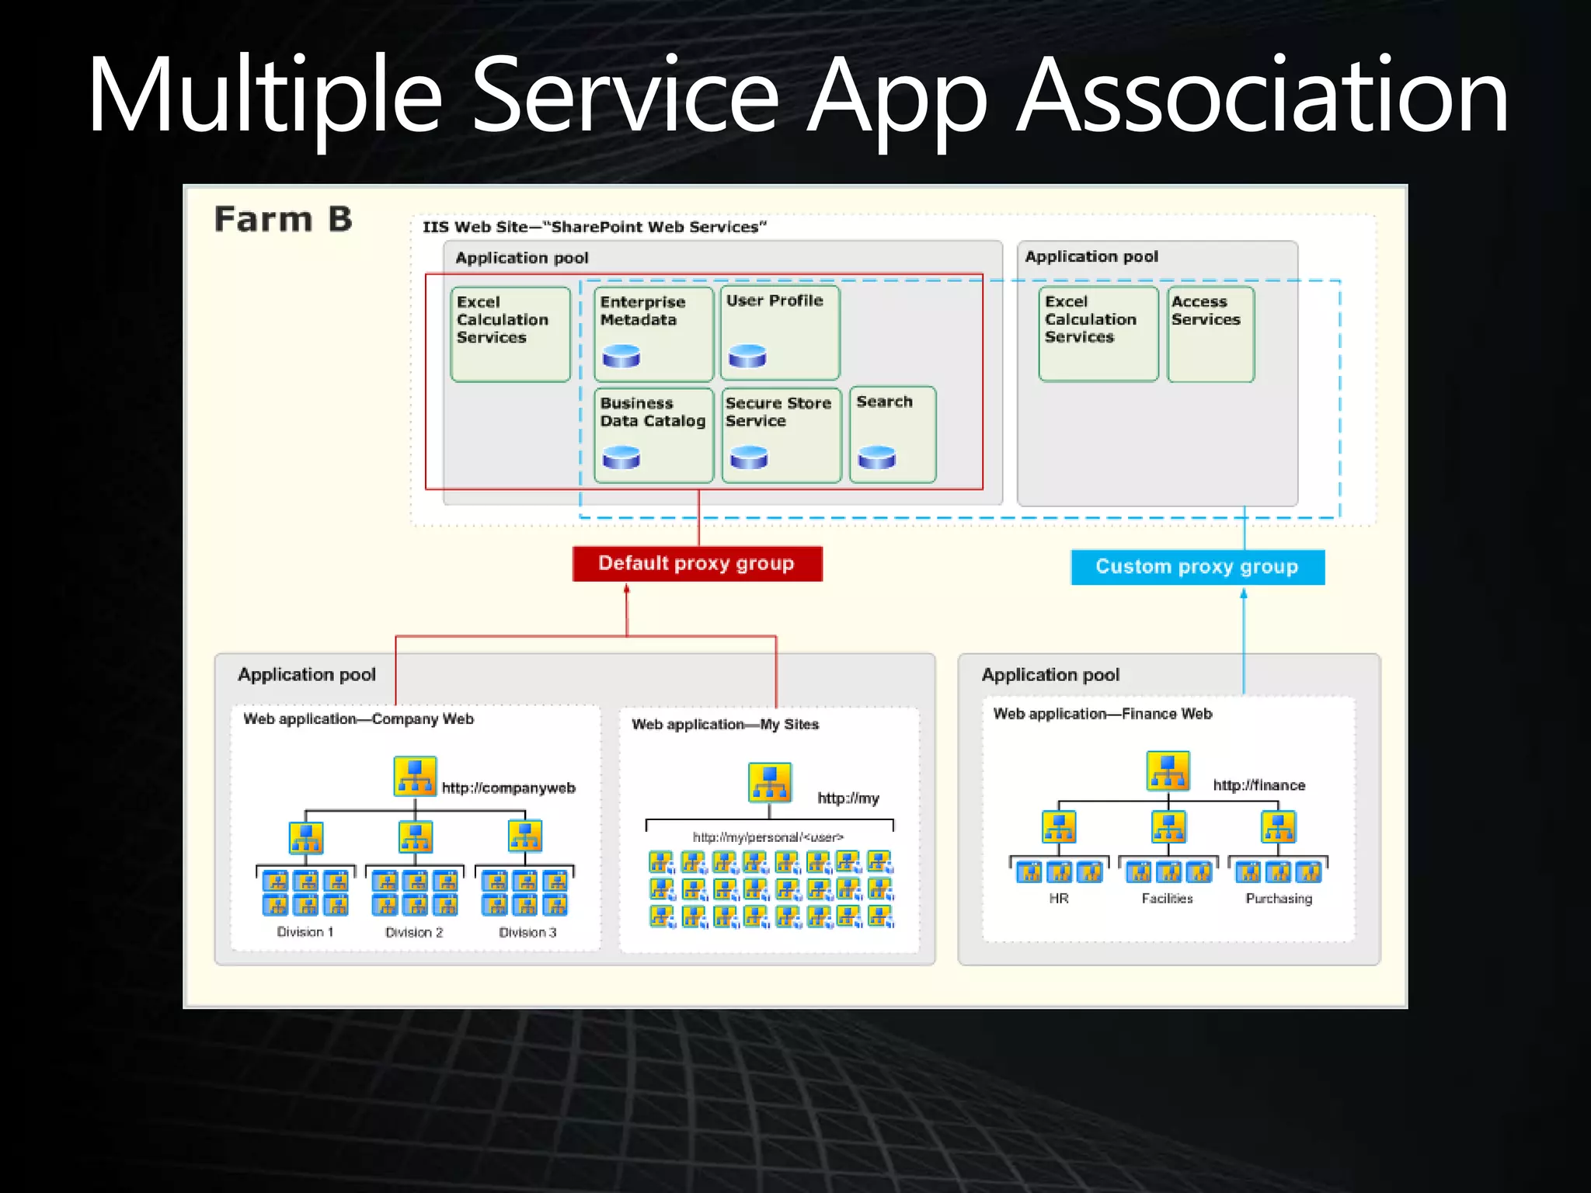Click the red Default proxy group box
click(x=697, y=564)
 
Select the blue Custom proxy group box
click(x=1197, y=567)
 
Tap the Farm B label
click(x=284, y=220)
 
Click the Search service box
click(x=893, y=434)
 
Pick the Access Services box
click(x=1210, y=334)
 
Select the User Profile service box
click(x=780, y=332)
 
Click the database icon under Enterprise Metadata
click(x=621, y=357)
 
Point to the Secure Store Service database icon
click(x=749, y=457)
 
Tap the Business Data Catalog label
click(x=653, y=412)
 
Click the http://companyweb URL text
click(x=509, y=788)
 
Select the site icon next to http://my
click(x=770, y=782)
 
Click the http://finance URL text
click(x=1259, y=785)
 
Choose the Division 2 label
click(x=414, y=932)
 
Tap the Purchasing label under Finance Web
click(x=1279, y=899)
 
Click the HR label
click(x=1059, y=899)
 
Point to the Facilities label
click(x=1167, y=899)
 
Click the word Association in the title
click(x=1262, y=97)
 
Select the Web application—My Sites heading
click(x=725, y=725)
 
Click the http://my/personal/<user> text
click(x=768, y=837)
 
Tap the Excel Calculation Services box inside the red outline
click(x=510, y=334)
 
